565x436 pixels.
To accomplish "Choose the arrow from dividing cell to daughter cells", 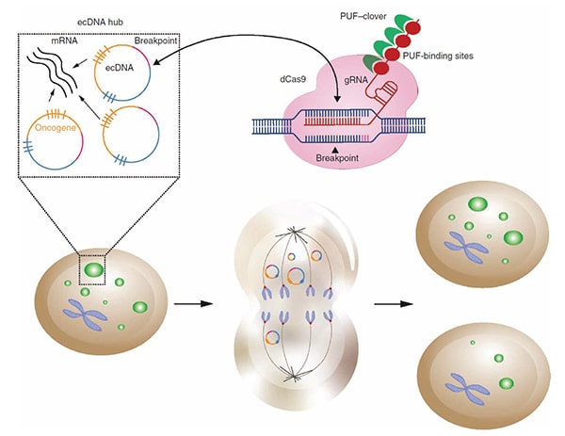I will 391,304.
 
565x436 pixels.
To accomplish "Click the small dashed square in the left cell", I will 95,270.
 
